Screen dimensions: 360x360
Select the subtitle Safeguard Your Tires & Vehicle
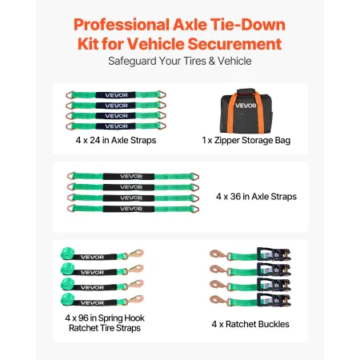(x=179, y=61)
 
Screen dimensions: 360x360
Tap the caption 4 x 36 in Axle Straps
(x=257, y=195)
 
